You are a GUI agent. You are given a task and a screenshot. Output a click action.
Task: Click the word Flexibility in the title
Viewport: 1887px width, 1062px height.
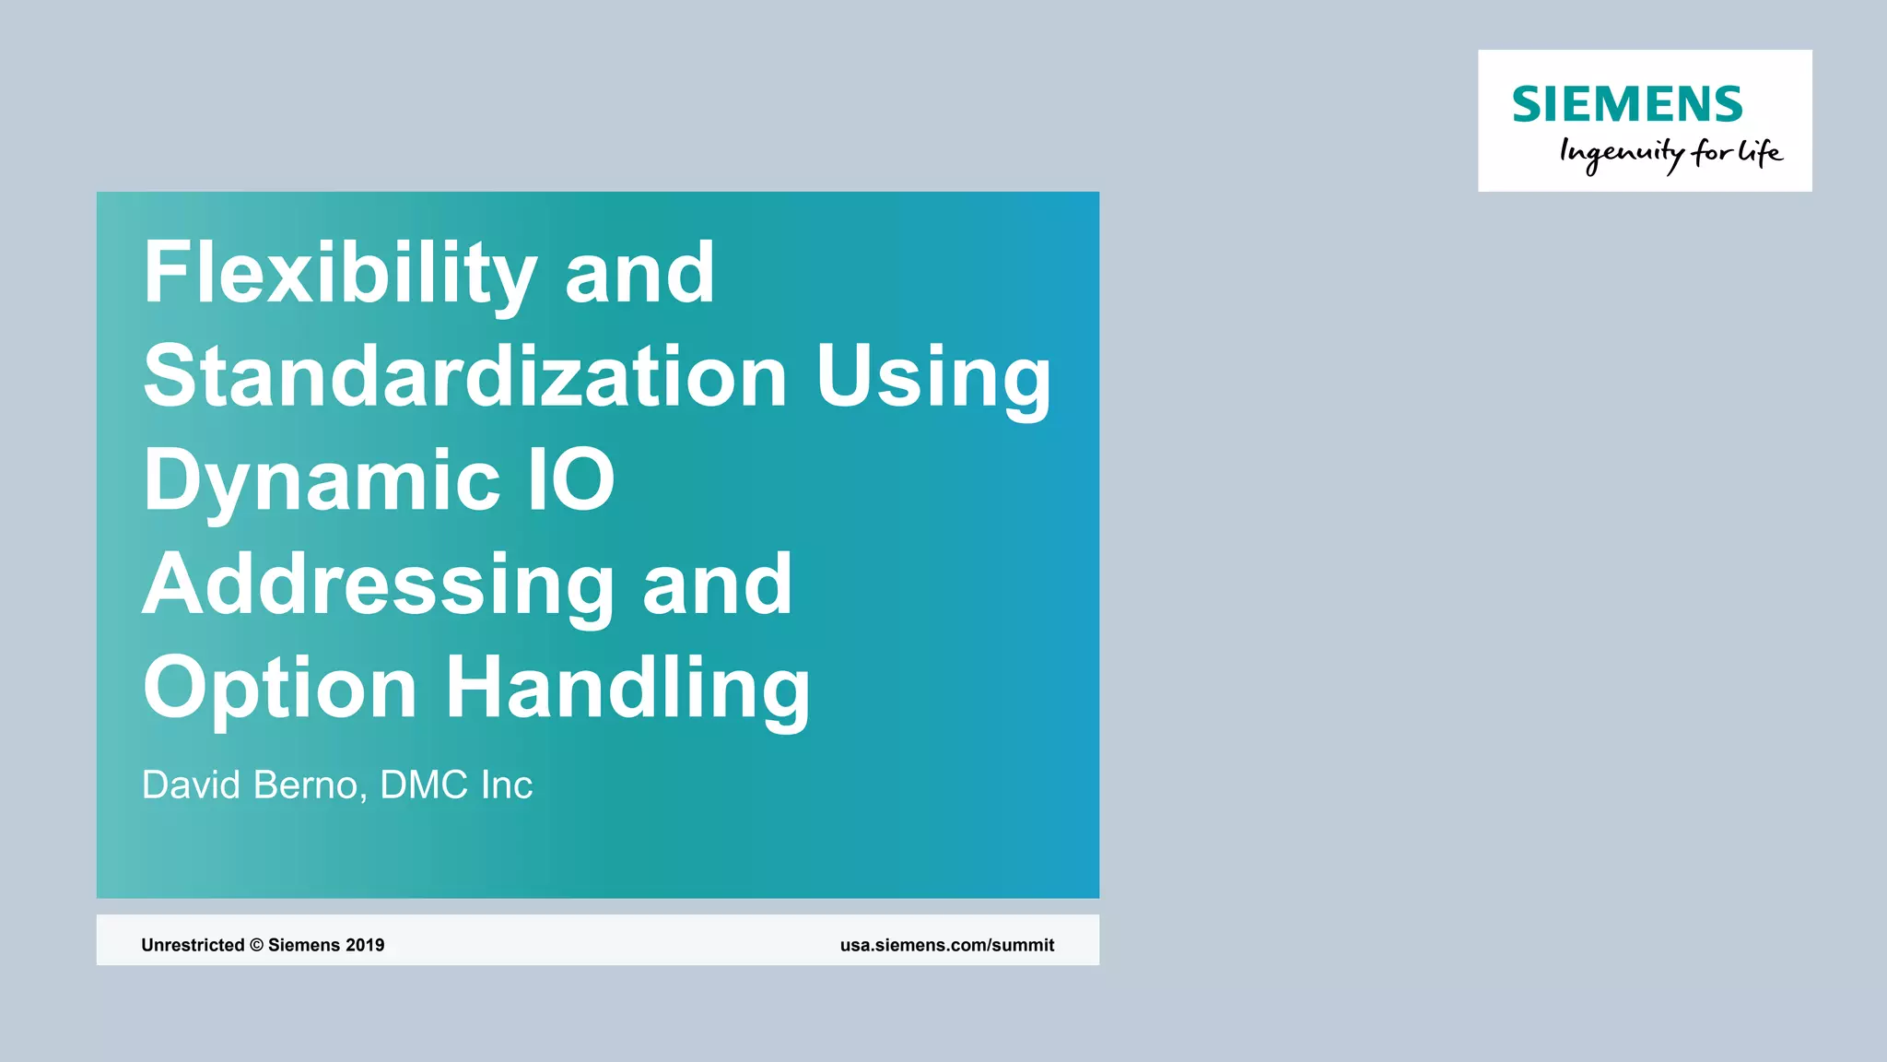click(x=339, y=273)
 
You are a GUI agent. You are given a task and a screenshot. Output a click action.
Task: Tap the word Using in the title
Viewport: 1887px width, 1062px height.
click(x=933, y=378)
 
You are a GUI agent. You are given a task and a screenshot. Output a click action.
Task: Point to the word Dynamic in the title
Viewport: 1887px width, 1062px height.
click(x=322, y=480)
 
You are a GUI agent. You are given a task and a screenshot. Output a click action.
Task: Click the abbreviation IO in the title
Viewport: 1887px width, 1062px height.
click(x=571, y=480)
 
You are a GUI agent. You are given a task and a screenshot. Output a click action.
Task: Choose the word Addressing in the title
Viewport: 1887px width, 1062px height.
click(x=378, y=584)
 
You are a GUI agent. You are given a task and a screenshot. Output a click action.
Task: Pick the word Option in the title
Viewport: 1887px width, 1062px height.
click(x=280, y=688)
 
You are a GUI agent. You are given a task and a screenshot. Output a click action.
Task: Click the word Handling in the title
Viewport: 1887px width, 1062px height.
click(x=627, y=688)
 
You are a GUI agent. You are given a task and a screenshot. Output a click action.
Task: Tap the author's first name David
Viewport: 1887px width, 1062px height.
click(x=191, y=785)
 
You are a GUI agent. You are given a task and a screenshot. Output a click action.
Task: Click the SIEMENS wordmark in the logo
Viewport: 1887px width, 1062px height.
click(x=1627, y=104)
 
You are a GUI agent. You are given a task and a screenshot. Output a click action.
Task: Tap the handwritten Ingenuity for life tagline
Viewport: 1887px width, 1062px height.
click(x=1670, y=153)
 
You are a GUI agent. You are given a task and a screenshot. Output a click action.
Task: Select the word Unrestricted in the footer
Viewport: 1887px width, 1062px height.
click(x=193, y=945)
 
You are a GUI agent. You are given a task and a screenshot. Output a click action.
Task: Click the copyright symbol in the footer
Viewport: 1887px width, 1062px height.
click(x=256, y=945)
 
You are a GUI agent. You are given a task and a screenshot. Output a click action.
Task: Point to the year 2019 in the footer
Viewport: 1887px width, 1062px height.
click(x=365, y=945)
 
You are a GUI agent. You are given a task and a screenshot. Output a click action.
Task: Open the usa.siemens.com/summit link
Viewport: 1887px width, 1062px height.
click(x=947, y=945)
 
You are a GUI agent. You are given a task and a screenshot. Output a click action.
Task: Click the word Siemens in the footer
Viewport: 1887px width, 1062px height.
click(x=304, y=945)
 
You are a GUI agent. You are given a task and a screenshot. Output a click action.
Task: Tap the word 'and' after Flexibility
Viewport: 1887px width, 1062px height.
click(x=639, y=273)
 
